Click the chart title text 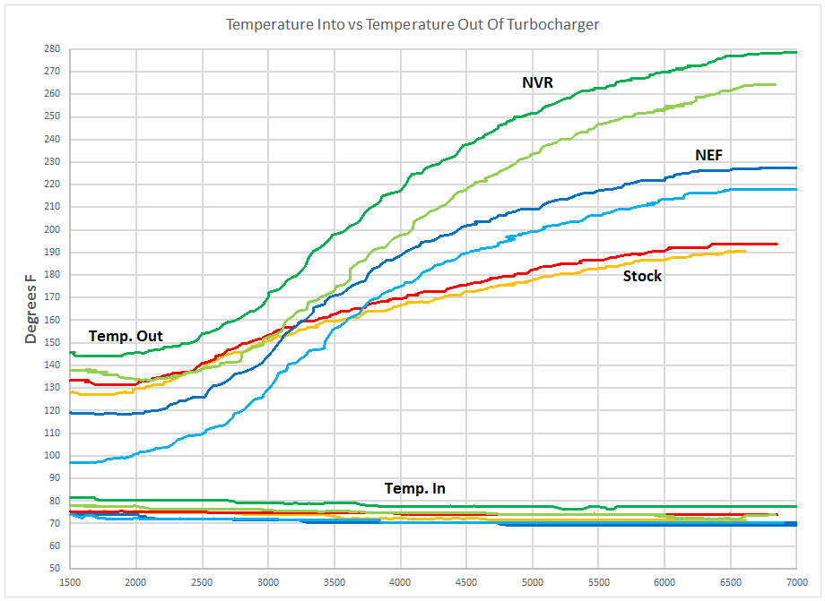pos(412,24)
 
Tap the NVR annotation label pos(537,82)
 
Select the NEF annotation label pos(708,155)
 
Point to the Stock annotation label pos(642,276)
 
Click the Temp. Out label pos(126,336)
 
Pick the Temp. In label pos(414,488)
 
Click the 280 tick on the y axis pos(55,48)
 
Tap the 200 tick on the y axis pos(55,229)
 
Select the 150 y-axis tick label pos(55,342)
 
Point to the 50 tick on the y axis pos(56,568)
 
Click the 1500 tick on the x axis pos(71,581)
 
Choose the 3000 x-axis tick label pos(268,581)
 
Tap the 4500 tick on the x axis pos(466,581)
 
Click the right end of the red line pos(777,244)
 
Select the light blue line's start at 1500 pos(71,462)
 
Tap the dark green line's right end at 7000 pos(795,52)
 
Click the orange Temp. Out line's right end pos(745,251)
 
